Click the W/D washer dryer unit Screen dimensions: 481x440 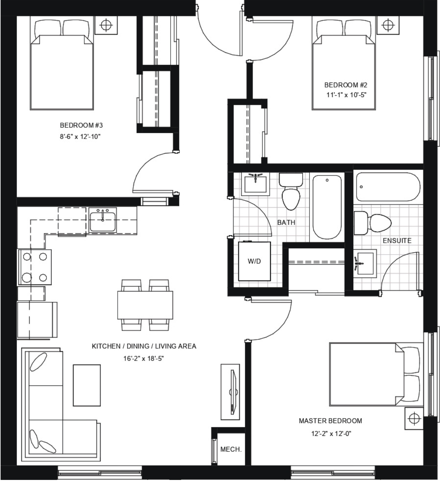(254, 261)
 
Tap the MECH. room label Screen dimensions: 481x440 (231, 449)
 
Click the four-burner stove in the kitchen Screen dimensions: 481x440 (34, 267)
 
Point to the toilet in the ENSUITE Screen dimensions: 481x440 (373, 223)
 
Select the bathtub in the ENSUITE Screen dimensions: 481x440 (388, 187)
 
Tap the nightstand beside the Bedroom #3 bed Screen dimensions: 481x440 (106, 25)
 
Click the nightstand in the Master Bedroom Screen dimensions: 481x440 (414, 418)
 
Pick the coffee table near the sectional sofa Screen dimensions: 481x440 (87, 385)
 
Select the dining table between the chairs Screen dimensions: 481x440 (145, 305)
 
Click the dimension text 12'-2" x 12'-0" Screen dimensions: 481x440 (331, 433)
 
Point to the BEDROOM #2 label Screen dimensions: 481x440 (345, 85)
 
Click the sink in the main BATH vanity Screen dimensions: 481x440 (256, 183)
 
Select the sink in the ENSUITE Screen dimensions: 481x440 (365, 263)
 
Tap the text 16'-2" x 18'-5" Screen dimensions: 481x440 (144, 359)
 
